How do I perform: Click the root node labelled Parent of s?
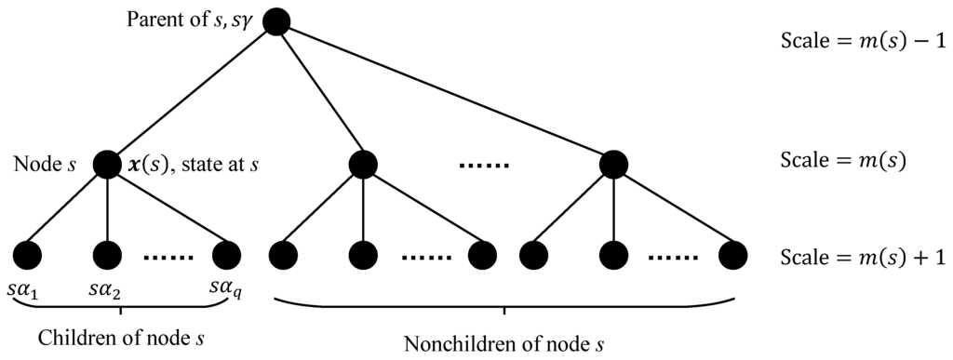coord(276,20)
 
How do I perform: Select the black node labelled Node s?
coord(109,166)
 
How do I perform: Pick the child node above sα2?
coord(108,253)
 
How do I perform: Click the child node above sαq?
coord(226,253)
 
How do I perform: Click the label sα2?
coord(107,291)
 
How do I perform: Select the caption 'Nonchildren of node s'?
coord(503,343)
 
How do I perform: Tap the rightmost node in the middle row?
coord(614,166)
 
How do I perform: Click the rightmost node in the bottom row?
coord(734,253)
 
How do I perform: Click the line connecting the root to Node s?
coord(193,93)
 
